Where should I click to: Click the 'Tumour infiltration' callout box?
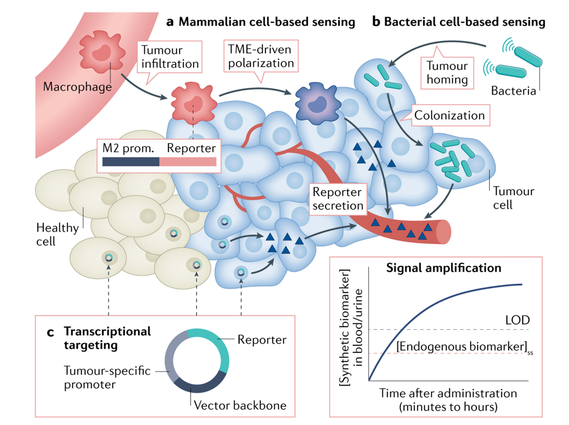pyautogui.click(x=170, y=58)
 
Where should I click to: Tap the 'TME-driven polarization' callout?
pyautogui.click(x=261, y=56)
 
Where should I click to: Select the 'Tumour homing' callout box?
pyautogui.click(x=447, y=73)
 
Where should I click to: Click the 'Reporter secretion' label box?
pyautogui.click(x=337, y=198)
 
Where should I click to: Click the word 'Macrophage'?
pyautogui.click(x=77, y=86)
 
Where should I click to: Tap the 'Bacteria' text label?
pyautogui.click(x=513, y=90)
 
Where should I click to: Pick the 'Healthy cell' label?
pyautogui.click(x=57, y=234)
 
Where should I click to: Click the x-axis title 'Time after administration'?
pyautogui.click(x=448, y=393)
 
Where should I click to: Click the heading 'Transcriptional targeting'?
pyautogui.click(x=107, y=338)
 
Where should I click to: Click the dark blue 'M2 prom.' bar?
pyautogui.click(x=131, y=162)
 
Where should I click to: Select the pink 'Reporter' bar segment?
pyautogui.click(x=188, y=162)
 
